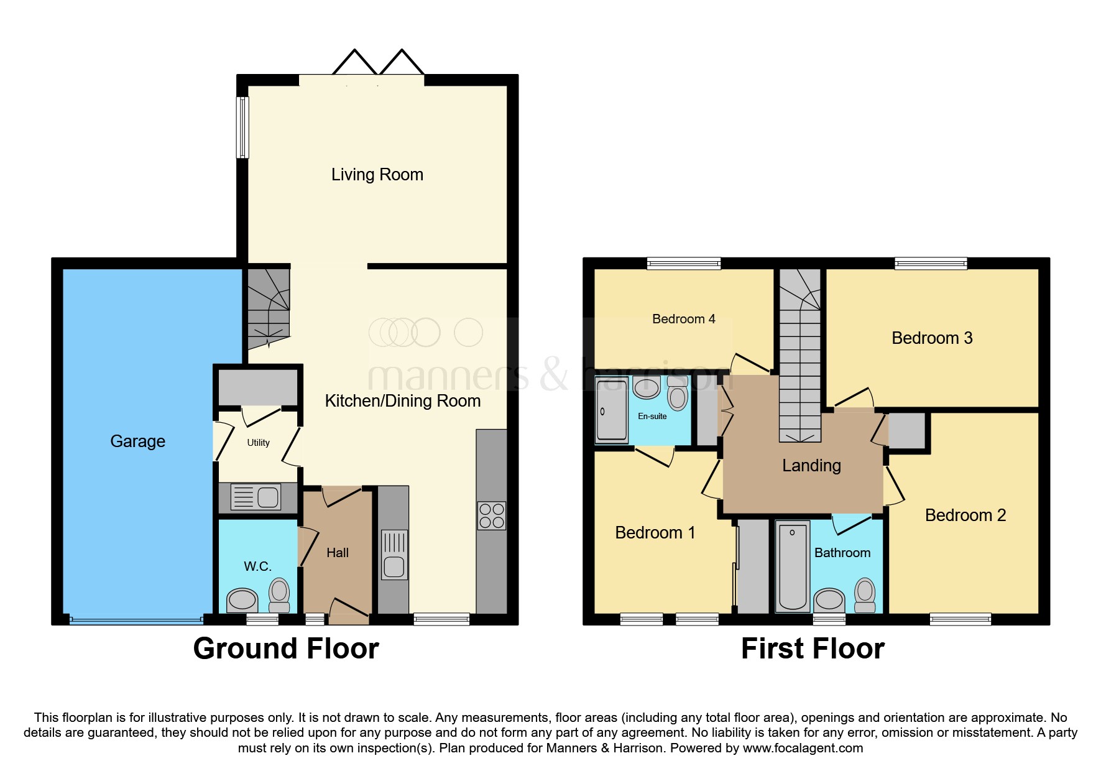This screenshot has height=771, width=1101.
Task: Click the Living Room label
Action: [x=377, y=175]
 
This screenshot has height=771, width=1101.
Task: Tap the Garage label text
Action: [x=137, y=441]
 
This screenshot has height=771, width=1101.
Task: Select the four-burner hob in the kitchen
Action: [x=491, y=516]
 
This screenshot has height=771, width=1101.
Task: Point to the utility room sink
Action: [x=256, y=497]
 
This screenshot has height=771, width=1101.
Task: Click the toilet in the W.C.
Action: [x=279, y=594]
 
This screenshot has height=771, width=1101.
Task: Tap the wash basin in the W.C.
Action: [x=242, y=600]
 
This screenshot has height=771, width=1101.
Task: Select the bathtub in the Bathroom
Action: [x=793, y=566]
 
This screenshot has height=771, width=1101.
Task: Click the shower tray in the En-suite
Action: [x=611, y=410]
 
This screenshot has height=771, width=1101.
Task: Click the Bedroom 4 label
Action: [x=683, y=319]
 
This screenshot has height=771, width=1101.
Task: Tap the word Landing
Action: [x=811, y=466]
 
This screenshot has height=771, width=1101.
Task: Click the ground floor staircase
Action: [x=269, y=308]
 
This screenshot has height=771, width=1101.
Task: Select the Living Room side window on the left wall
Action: [x=243, y=127]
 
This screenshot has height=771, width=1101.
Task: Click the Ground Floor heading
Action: [x=286, y=649]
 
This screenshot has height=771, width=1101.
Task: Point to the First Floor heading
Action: [x=813, y=649]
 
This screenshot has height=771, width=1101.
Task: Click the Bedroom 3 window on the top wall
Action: [x=931, y=264]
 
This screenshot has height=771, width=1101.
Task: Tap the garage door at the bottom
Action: [x=136, y=619]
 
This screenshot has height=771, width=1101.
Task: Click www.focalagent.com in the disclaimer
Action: [x=803, y=748]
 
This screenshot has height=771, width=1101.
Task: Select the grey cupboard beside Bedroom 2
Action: [x=907, y=431]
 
